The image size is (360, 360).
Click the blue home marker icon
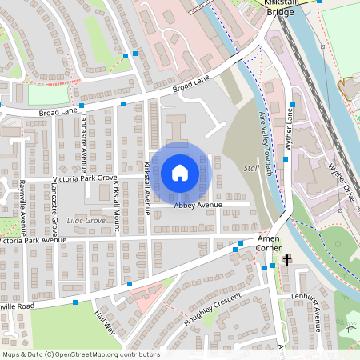pos(180,173)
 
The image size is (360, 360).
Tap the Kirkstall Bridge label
pos(286,9)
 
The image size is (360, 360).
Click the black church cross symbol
pos(287,260)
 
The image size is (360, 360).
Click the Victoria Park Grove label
pos(85,177)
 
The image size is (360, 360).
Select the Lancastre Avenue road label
pos(83,142)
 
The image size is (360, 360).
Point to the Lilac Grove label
pos(85,219)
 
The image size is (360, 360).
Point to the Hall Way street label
pos(105,323)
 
